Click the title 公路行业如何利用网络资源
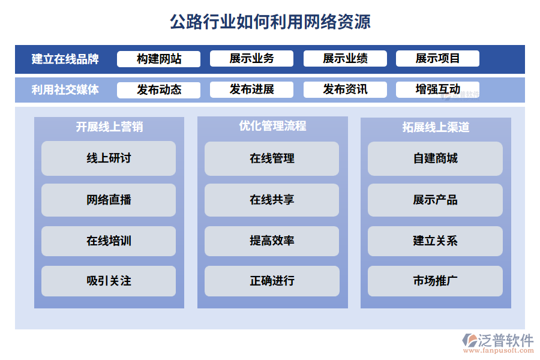[270, 22]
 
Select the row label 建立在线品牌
[65, 59]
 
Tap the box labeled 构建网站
[159, 59]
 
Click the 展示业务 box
[251, 59]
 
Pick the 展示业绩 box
[345, 59]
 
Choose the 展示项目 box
[437, 59]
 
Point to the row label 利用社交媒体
[65, 90]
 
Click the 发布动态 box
[159, 90]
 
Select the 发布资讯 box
[345, 90]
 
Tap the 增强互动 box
[437, 90]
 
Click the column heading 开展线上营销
[109, 127]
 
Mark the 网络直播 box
[109, 200]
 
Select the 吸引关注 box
[109, 281]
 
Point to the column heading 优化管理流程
[272, 126]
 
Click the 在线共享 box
[272, 200]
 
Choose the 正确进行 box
[272, 281]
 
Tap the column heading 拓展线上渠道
[436, 127]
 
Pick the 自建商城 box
[435, 158]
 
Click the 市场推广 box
[435, 281]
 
